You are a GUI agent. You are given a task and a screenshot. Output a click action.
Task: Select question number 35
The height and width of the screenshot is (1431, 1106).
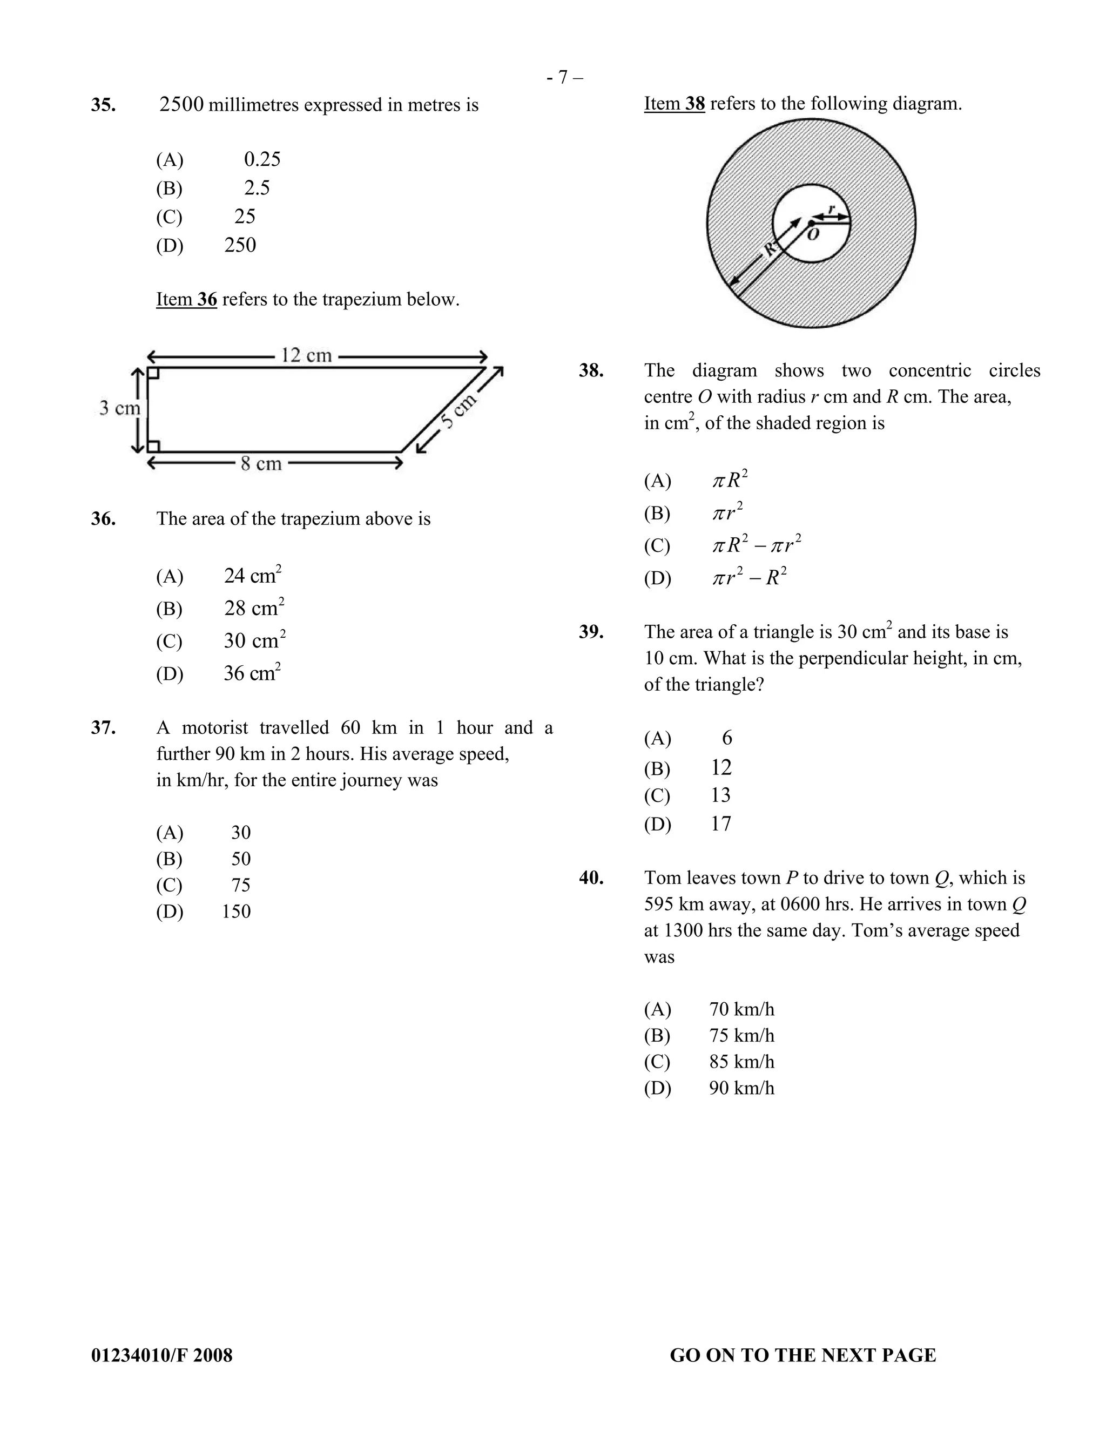point(104,105)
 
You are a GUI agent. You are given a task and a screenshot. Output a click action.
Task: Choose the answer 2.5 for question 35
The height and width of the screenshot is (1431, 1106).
point(257,188)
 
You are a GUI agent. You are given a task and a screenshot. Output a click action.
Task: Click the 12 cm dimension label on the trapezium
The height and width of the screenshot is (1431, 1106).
point(306,356)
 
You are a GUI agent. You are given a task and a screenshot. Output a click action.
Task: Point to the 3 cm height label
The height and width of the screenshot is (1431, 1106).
point(119,408)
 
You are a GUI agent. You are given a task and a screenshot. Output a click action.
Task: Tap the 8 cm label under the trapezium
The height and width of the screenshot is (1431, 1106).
point(261,464)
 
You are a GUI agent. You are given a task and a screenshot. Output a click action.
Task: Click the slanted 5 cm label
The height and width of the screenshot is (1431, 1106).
point(458,411)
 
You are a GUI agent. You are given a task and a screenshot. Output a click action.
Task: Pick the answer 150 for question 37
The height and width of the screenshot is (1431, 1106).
point(236,912)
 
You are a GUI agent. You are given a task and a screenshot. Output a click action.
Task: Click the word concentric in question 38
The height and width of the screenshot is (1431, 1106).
point(930,371)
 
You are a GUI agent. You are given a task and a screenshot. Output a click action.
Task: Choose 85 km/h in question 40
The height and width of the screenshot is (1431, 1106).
point(741,1062)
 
